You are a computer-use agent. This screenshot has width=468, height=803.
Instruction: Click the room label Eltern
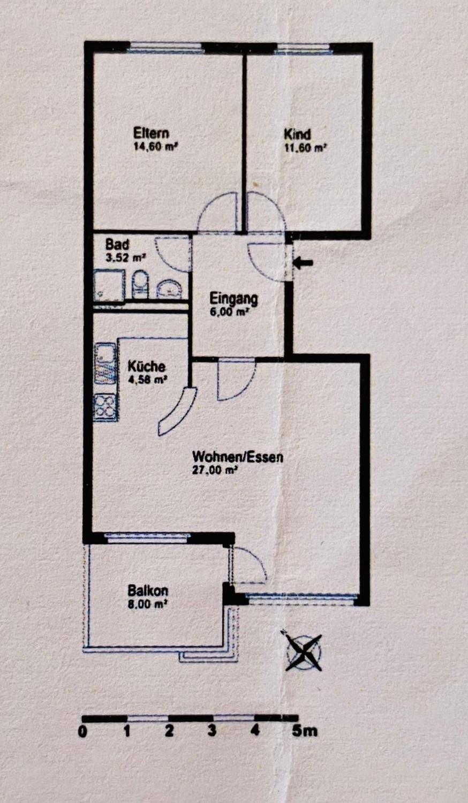click(151, 133)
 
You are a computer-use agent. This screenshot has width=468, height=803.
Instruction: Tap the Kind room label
click(297, 134)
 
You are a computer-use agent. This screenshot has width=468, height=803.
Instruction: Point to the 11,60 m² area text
click(305, 148)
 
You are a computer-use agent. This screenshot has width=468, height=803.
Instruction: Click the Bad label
click(117, 245)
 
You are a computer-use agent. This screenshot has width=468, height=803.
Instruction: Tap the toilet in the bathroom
click(140, 285)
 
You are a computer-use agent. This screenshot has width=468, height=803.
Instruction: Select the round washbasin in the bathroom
click(170, 289)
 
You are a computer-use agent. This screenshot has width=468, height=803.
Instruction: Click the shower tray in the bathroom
click(109, 286)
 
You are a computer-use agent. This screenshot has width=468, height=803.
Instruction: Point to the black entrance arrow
click(303, 263)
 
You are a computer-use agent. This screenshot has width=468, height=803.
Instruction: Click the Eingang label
click(233, 299)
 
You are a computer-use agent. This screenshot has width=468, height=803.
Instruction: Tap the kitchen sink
click(105, 364)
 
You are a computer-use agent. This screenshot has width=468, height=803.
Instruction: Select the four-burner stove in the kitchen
click(105, 407)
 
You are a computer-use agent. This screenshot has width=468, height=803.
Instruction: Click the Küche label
click(147, 366)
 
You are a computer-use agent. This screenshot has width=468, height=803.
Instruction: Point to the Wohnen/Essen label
click(238, 457)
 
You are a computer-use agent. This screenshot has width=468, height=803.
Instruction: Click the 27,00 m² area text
click(216, 471)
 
